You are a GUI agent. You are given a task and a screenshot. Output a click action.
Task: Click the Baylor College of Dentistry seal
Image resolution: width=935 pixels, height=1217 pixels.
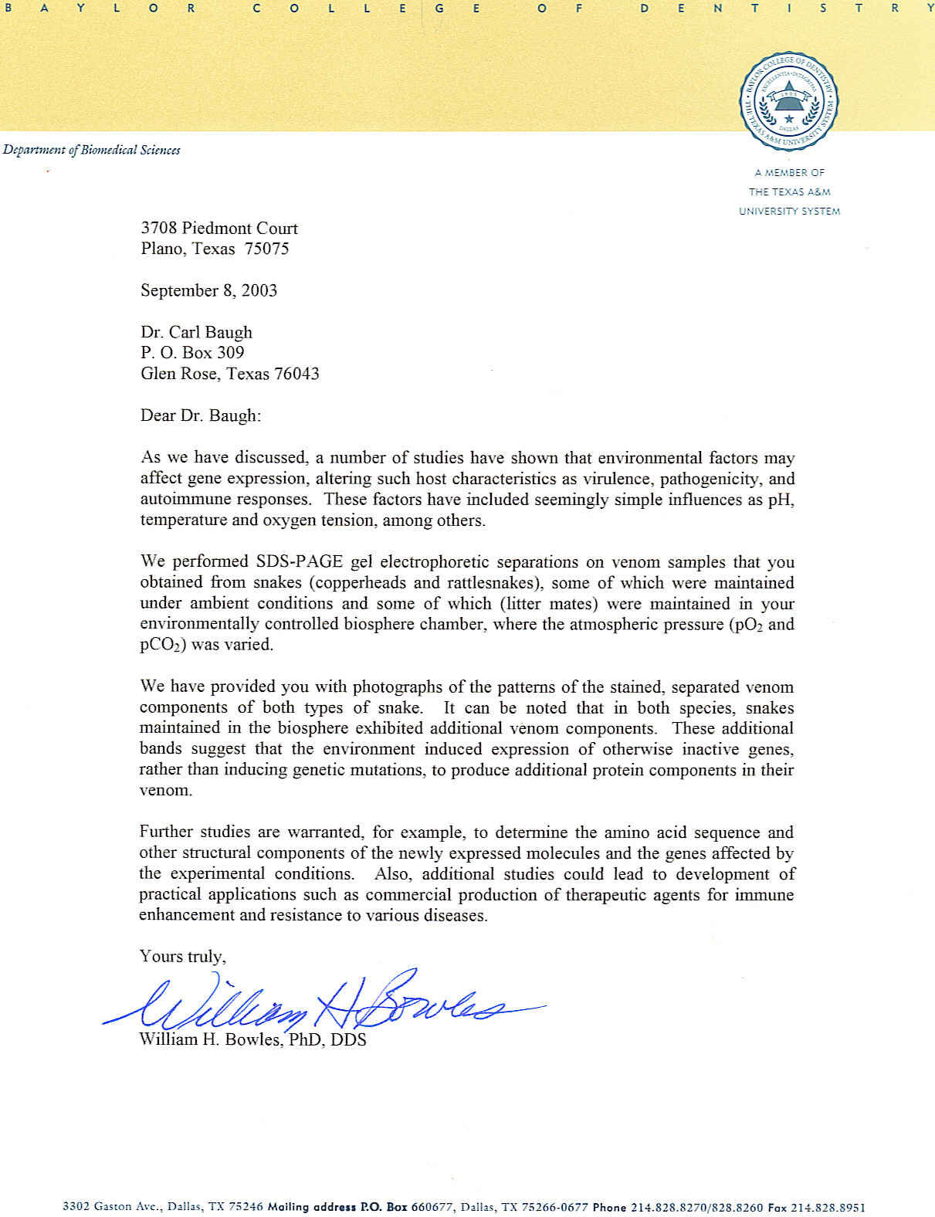789,101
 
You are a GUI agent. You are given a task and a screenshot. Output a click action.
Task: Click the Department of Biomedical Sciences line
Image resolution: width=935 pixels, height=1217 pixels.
91,150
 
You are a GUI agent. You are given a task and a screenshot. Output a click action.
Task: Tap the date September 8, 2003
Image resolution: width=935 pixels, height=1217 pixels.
208,291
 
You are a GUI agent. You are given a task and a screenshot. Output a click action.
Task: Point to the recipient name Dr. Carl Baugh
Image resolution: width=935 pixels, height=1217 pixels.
196,333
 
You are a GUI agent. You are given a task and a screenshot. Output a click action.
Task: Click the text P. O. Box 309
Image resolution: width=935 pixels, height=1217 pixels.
192,353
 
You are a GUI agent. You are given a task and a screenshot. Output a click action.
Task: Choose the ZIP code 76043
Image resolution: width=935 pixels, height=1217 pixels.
296,374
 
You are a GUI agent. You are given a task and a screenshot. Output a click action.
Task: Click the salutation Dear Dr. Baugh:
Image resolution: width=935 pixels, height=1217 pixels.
201,415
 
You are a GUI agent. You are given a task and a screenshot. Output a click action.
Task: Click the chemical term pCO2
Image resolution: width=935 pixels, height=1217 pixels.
163,645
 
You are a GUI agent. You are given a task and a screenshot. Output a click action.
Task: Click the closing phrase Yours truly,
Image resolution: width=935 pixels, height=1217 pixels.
182,957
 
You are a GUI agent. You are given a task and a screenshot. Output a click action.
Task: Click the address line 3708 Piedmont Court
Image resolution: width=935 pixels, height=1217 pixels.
219,229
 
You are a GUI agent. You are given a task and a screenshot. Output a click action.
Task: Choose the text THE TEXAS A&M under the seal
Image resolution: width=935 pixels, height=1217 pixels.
789,192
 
